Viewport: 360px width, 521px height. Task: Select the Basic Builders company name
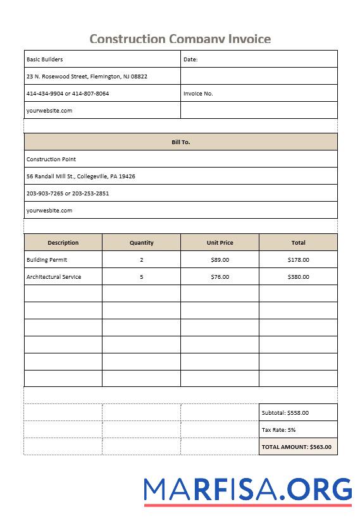tap(44, 59)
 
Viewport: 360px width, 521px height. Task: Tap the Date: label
tap(190, 59)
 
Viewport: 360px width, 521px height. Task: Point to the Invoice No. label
tap(198, 94)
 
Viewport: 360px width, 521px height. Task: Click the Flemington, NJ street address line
tap(87, 77)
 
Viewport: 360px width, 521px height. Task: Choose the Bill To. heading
tap(181, 142)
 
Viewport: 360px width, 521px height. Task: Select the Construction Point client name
tap(51, 159)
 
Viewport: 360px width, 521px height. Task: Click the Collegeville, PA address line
tap(80, 176)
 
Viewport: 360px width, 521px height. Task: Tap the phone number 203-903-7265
tap(44, 193)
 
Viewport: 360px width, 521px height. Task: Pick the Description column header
tap(63, 243)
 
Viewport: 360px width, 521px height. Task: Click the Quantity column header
tap(142, 243)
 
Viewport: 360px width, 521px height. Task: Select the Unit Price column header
tap(220, 243)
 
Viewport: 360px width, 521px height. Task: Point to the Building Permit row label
tap(47, 260)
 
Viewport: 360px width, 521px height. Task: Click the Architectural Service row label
tap(54, 277)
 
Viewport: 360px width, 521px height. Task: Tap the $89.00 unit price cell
tap(220, 260)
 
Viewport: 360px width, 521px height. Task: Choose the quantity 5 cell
tap(142, 277)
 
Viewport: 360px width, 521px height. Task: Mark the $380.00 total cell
tap(299, 277)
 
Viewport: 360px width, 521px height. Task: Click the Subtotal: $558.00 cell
tap(285, 413)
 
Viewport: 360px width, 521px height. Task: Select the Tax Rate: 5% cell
tap(279, 430)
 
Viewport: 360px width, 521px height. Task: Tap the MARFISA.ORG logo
tap(247, 490)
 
